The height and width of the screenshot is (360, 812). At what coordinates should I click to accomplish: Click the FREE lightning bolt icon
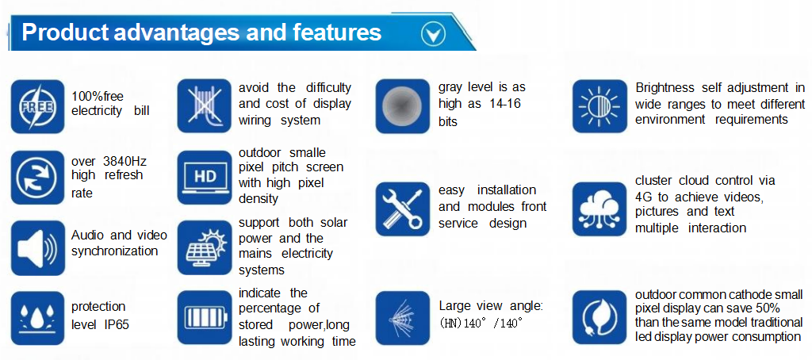point(37,106)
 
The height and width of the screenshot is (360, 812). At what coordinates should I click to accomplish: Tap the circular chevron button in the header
point(433,33)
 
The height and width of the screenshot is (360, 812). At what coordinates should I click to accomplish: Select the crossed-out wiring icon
point(204,105)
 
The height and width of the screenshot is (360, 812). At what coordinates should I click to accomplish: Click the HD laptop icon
point(204,177)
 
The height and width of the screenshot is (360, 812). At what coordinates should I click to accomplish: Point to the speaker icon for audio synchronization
point(37,247)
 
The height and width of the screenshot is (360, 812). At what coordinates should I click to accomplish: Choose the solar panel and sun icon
point(204,247)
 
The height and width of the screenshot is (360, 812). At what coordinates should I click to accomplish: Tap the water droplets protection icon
point(37,318)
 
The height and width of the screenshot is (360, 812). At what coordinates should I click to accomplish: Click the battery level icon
point(204,317)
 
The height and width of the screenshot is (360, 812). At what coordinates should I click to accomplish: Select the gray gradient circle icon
point(402,106)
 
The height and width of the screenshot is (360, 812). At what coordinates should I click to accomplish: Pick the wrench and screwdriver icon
point(402,209)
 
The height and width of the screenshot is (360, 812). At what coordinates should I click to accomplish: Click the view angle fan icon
point(402,318)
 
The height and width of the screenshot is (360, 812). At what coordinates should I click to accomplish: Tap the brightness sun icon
point(599,106)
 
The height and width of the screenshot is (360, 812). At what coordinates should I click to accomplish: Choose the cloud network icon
point(599,209)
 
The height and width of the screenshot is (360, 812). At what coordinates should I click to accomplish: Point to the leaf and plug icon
point(599,318)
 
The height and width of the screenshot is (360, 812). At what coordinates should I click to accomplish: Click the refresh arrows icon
point(37,177)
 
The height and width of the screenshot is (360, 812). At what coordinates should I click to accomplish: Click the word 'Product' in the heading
point(65,33)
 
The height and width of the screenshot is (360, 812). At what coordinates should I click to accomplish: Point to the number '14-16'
point(505,104)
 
